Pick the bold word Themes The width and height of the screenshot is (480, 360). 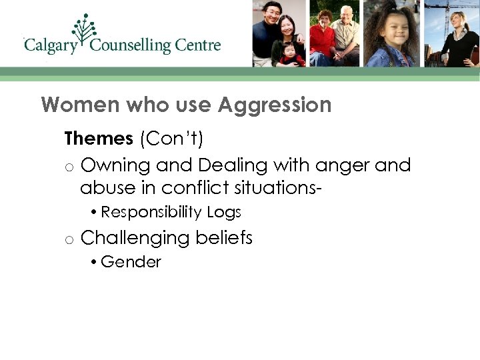(x=99, y=139)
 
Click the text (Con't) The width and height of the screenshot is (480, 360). (x=172, y=139)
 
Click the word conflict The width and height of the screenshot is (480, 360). (x=197, y=187)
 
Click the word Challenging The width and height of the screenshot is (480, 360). (x=133, y=238)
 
